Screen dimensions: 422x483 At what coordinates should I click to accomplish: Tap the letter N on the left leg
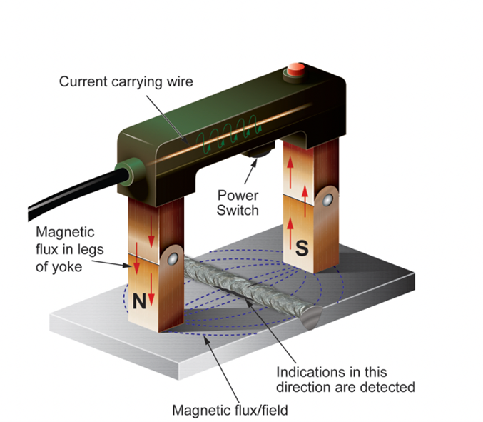140,301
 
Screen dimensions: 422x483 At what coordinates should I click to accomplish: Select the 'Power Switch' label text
238,201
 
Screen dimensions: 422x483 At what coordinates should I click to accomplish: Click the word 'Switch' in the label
238,210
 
